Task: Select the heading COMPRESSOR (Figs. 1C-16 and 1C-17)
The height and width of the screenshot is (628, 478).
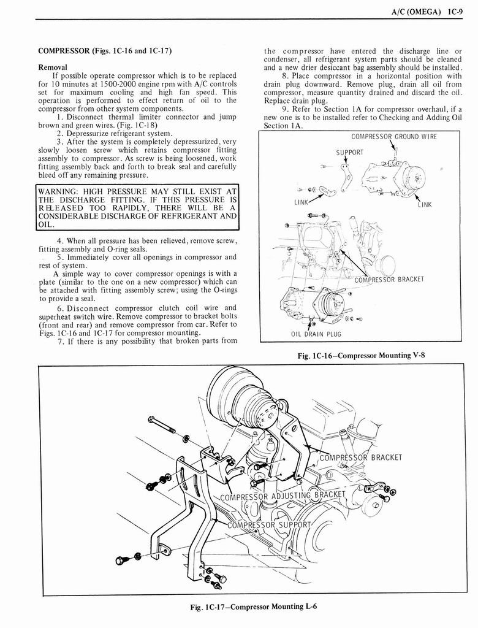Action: point(104,50)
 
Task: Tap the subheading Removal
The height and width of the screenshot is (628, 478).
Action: point(53,67)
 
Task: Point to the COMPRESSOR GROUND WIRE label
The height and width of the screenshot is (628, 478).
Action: point(394,137)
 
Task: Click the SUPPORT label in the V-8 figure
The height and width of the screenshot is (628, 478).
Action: point(349,152)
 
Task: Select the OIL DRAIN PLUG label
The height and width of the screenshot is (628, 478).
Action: point(316,334)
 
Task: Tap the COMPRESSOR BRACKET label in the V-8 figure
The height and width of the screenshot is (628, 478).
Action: point(389,280)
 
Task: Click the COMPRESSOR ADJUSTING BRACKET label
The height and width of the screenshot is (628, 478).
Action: point(283,496)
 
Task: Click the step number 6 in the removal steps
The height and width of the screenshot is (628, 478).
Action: point(60,308)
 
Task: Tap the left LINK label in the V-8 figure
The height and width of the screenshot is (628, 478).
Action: point(302,202)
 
